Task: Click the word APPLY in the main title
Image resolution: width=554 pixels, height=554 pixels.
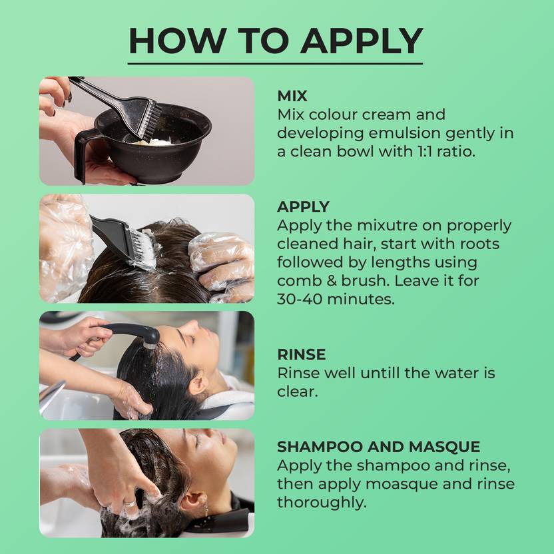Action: click(362, 41)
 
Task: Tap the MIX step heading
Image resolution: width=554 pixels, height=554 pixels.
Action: click(292, 96)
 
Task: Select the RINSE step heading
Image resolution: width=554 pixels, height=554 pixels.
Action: click(302, 354)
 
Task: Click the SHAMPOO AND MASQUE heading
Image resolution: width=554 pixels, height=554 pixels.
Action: click(378, 447)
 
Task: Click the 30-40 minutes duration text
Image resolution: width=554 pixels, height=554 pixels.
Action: click(336, 299)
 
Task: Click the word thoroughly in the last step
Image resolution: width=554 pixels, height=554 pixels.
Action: click(322, 503)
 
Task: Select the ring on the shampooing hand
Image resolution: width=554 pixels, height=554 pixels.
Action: click(130, 503)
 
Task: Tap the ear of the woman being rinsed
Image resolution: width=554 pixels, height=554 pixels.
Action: click(198, 384)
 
